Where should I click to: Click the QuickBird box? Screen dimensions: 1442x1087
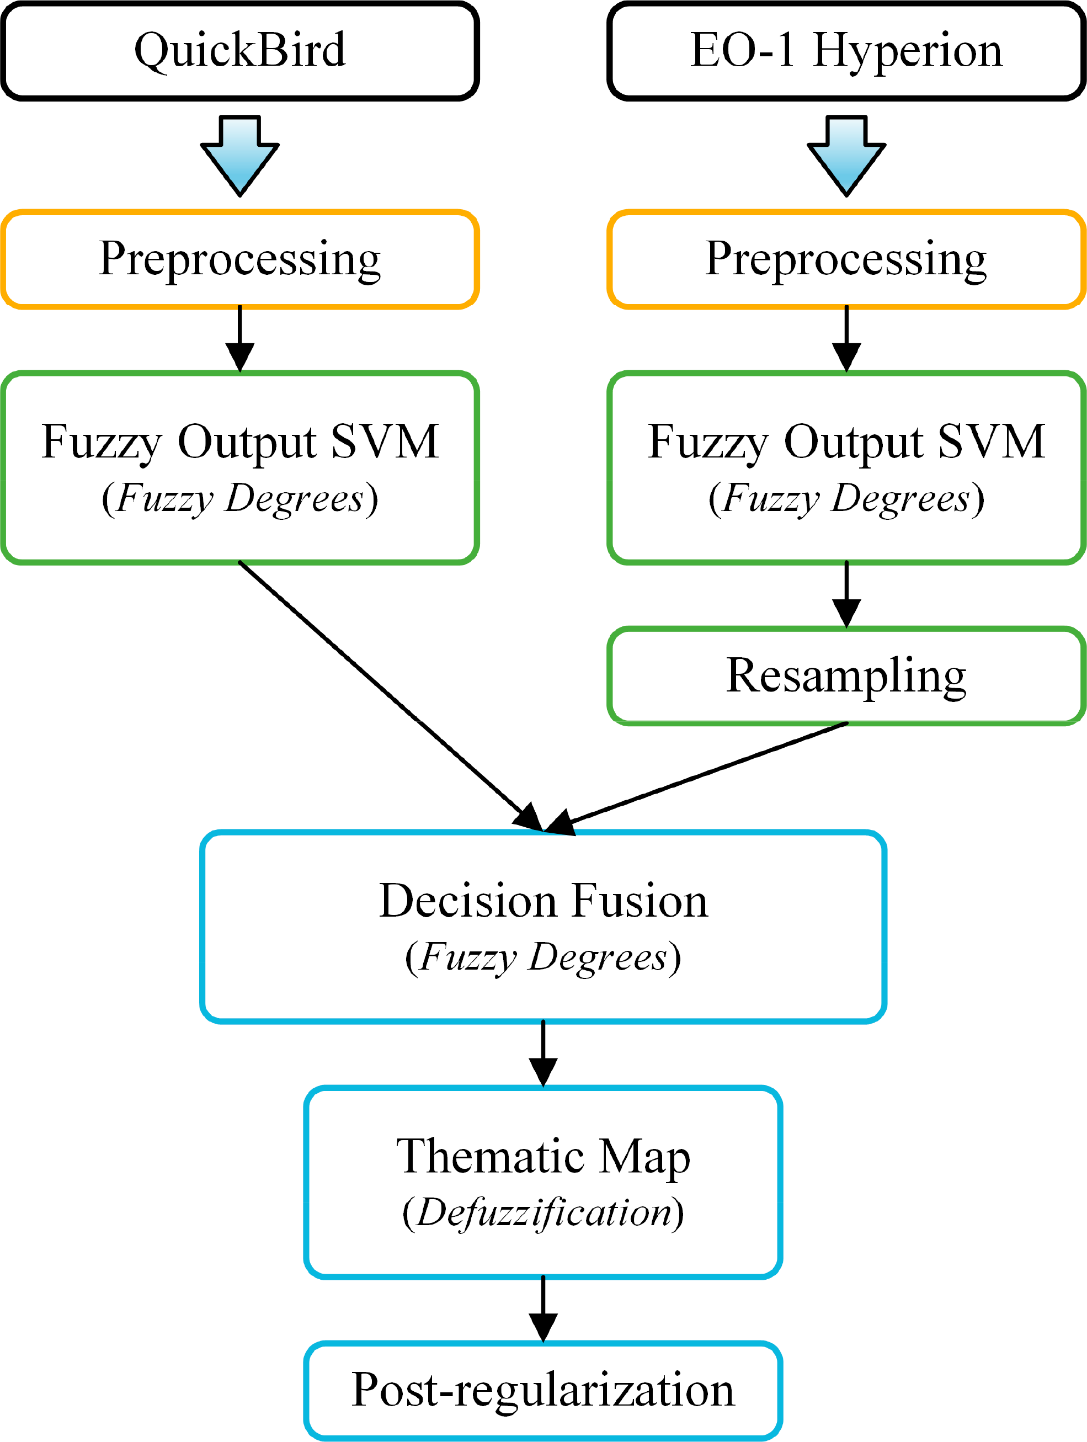click(x=240, y=51)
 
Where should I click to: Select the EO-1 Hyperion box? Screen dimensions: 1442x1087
click(x=846, y=51)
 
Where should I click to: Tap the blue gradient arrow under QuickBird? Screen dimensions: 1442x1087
click(x=240, y=157)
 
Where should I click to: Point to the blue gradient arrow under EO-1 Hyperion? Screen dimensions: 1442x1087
click(x=846, y=157)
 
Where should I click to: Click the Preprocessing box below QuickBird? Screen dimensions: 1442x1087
click(x=240, y=259)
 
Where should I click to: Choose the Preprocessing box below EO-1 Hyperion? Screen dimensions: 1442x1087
click(x=846, y=259)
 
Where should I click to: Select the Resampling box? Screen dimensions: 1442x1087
click(x=846, y=675)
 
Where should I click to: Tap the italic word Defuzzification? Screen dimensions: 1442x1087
click(x=543, y=1212)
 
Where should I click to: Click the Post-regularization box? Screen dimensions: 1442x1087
click(x=543, y=1390)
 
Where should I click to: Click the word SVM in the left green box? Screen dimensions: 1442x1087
click(x=385, y=442)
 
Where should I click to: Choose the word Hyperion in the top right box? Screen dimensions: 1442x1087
click(x=907, y=51)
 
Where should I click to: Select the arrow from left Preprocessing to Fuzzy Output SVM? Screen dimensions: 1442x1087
click(x=240, y=339)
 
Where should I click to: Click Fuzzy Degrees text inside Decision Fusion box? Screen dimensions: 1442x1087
click(x=543, y=957)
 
